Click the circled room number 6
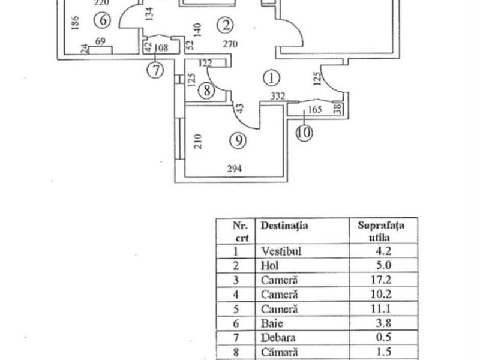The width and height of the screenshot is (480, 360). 102,20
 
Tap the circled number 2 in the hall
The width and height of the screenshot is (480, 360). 226,25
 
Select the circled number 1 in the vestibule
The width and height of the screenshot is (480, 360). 271,78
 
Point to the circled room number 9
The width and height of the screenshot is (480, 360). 238,140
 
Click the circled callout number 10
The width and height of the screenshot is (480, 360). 304,133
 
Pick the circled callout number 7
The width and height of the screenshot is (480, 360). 155,70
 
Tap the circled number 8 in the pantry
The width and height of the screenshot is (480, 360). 206,91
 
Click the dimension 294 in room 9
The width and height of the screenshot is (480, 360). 235,169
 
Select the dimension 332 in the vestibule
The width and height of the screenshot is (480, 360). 278,97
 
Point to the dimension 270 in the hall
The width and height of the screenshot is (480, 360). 230,44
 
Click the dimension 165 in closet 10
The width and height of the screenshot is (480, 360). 314,109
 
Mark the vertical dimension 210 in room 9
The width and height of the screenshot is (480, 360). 199,141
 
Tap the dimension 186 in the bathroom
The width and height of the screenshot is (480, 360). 75,23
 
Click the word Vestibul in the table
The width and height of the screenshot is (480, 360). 281,251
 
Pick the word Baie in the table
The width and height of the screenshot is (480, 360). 272,323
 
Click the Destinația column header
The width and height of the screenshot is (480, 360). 284,226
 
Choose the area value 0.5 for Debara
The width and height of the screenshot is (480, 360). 383,337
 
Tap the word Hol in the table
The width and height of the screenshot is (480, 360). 269,265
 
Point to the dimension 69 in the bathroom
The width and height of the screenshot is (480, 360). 100,41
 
